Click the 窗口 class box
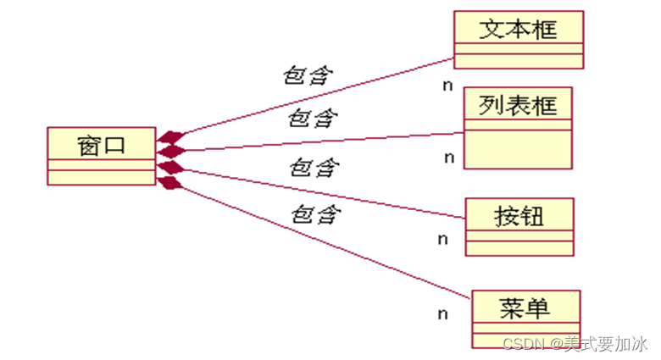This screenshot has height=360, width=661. click(101, 155)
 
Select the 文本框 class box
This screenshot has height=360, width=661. click(519, 39)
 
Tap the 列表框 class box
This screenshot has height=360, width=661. click(518, 127)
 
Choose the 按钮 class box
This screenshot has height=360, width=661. click(519, 226)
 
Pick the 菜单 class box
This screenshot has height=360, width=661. click(525, 318)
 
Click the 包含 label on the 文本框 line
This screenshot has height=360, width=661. click(306, 75)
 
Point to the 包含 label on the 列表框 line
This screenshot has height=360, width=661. click(312, 118)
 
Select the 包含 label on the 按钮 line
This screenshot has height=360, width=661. click(314, 167)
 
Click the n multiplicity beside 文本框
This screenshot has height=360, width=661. click(447, 86)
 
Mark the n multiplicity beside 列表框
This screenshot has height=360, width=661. click(449, 158)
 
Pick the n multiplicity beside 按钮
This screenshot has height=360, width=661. click(442, 239)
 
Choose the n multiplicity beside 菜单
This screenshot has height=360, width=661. click(442, 314)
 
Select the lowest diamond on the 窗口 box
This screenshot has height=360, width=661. click(170, 182)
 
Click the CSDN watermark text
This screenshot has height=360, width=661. click(575, 343)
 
